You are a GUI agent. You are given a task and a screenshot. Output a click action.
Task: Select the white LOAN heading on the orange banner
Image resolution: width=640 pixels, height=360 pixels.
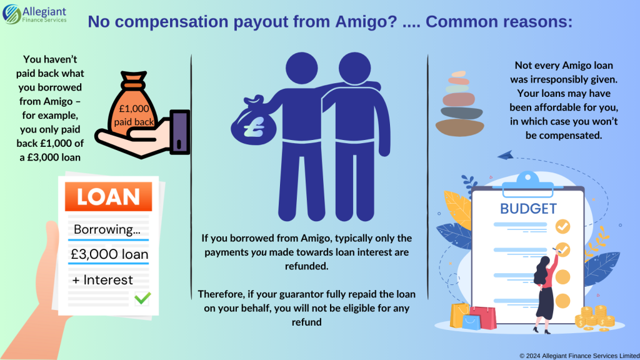tap(109, 197)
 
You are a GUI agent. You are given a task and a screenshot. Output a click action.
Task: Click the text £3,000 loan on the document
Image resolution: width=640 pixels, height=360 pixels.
tap(110, 255)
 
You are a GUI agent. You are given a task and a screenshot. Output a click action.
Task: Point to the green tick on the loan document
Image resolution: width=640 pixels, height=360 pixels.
tap(142, 298)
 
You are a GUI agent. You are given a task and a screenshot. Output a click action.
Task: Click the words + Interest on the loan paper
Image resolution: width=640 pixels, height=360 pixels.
tap(102, 279)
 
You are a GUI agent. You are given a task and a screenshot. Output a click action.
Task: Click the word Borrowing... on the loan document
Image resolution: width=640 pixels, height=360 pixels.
tap(107, 229)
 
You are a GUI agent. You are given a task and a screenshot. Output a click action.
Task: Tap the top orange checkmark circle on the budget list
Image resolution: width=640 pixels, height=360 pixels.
tap(562, 225)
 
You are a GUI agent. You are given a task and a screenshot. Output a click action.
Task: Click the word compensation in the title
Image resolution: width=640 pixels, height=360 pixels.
tap(189, 22)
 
